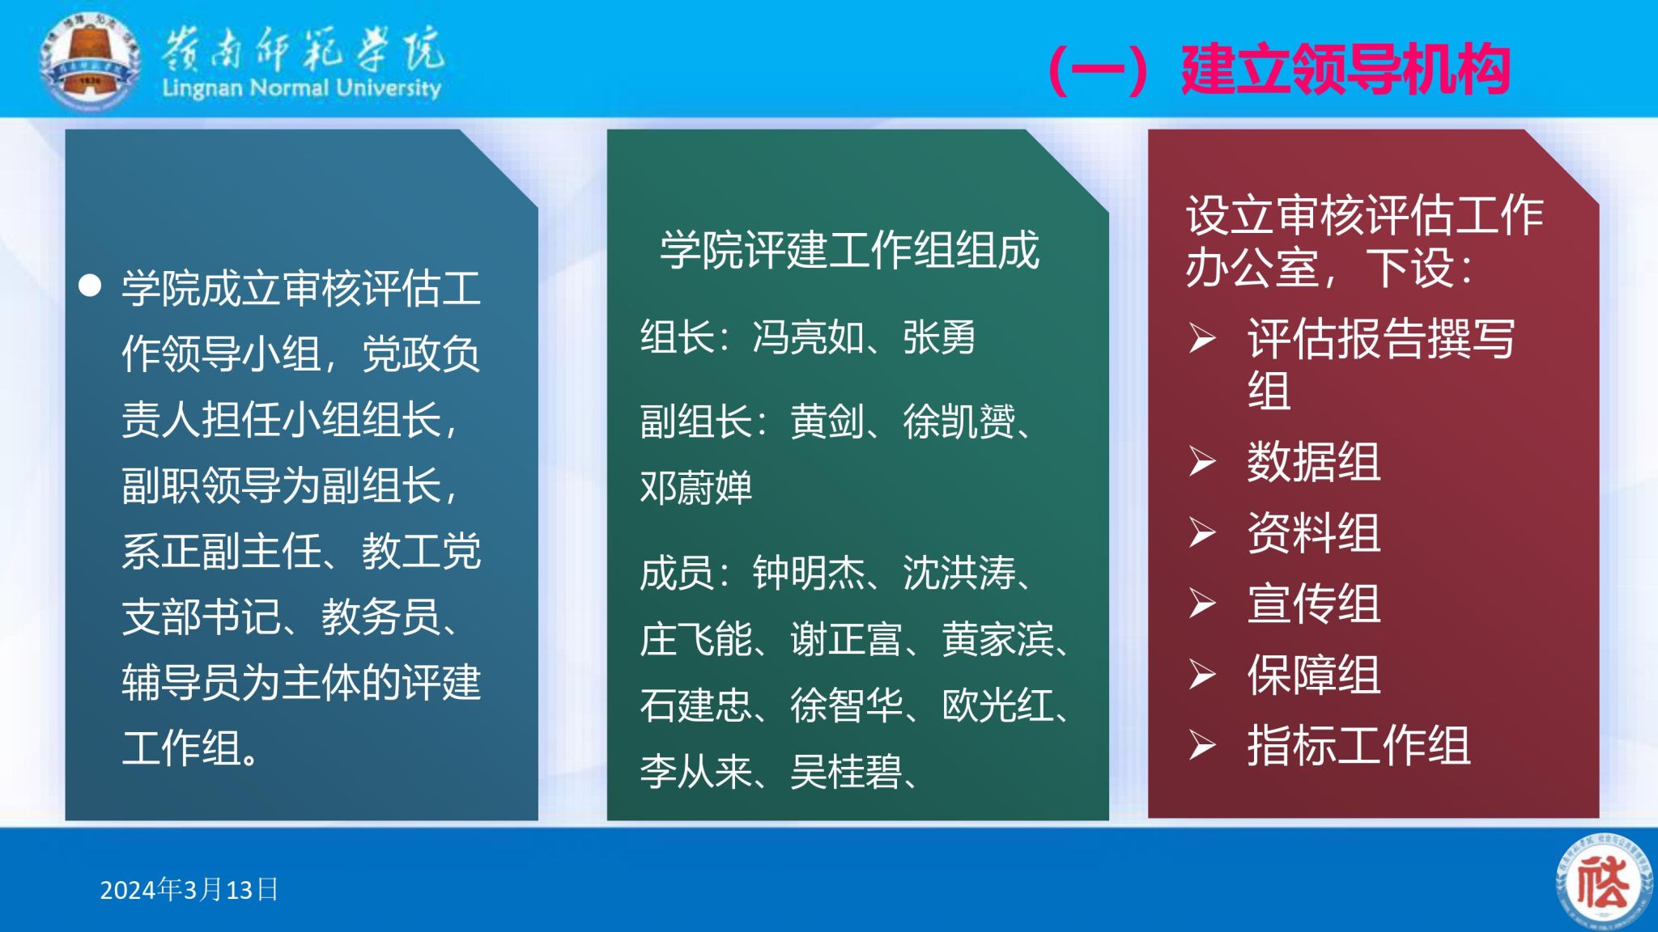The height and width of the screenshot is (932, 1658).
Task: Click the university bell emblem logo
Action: pyautogui.click(x=90, y=61)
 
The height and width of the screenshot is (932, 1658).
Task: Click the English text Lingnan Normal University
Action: pyautogui.click(x=301, y=87)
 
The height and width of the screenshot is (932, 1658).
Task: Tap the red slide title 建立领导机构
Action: pyautogui.click(x=1346, y=70)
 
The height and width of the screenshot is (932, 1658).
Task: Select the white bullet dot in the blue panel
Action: pyautogui.click(x=90, y=286)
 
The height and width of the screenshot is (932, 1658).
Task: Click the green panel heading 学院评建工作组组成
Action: pyautogui.click(x=849, y=249)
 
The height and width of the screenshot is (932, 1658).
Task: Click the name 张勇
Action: pyautogui.click(x=939, y=337)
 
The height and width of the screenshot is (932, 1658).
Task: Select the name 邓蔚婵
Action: pyautogui.click(x=696, y=487)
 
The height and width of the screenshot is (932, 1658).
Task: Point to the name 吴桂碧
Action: pyautogui.click(x=846, y=772)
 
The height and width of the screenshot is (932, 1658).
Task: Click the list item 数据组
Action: pyautogui.click(x=1313, y=462)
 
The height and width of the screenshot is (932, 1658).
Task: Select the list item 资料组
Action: pyautogui.click(x=1313, y=532)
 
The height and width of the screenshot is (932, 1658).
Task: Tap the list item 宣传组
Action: pyautogui.click(x=1313, y=604)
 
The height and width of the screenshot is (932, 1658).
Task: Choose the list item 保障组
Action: pyautogui.click(x=1313, y=675)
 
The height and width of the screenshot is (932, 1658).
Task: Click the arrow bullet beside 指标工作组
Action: pyautogui.click(x=1202, y=745)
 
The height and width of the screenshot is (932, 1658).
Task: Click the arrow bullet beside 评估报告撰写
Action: pyautogui.click(x=1202, y=338)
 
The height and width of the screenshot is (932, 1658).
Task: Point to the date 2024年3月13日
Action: pyautogui.click(x=189, y=890)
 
